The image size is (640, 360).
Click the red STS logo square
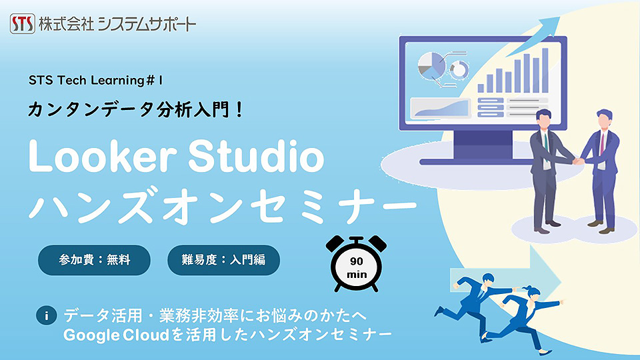tap(23, 23)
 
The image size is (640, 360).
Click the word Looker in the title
tap(103, 156)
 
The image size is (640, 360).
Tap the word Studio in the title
tap(256, 156)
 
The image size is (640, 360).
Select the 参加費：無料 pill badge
tap(94, 260)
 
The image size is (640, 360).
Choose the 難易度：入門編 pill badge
tap(224, 260)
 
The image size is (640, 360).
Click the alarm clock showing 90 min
tap(356, 264)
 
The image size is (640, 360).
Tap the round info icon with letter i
tap(46, 315)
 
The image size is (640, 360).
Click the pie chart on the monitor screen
tap(431, 65)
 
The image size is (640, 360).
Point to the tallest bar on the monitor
tap(545, 70)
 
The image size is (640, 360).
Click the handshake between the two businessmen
tap(578, 161)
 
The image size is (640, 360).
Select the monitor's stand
tap(483, 147)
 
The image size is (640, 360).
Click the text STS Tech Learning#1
tap(95, 81)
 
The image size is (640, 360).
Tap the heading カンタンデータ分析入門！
tap(135, 110)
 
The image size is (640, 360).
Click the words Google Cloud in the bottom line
tap(116, 335)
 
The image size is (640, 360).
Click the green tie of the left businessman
tap(546, 144)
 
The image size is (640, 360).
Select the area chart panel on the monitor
tap(441, 108)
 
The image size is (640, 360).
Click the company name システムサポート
tap(147, 24)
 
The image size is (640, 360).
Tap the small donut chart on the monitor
tap(459, 70)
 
